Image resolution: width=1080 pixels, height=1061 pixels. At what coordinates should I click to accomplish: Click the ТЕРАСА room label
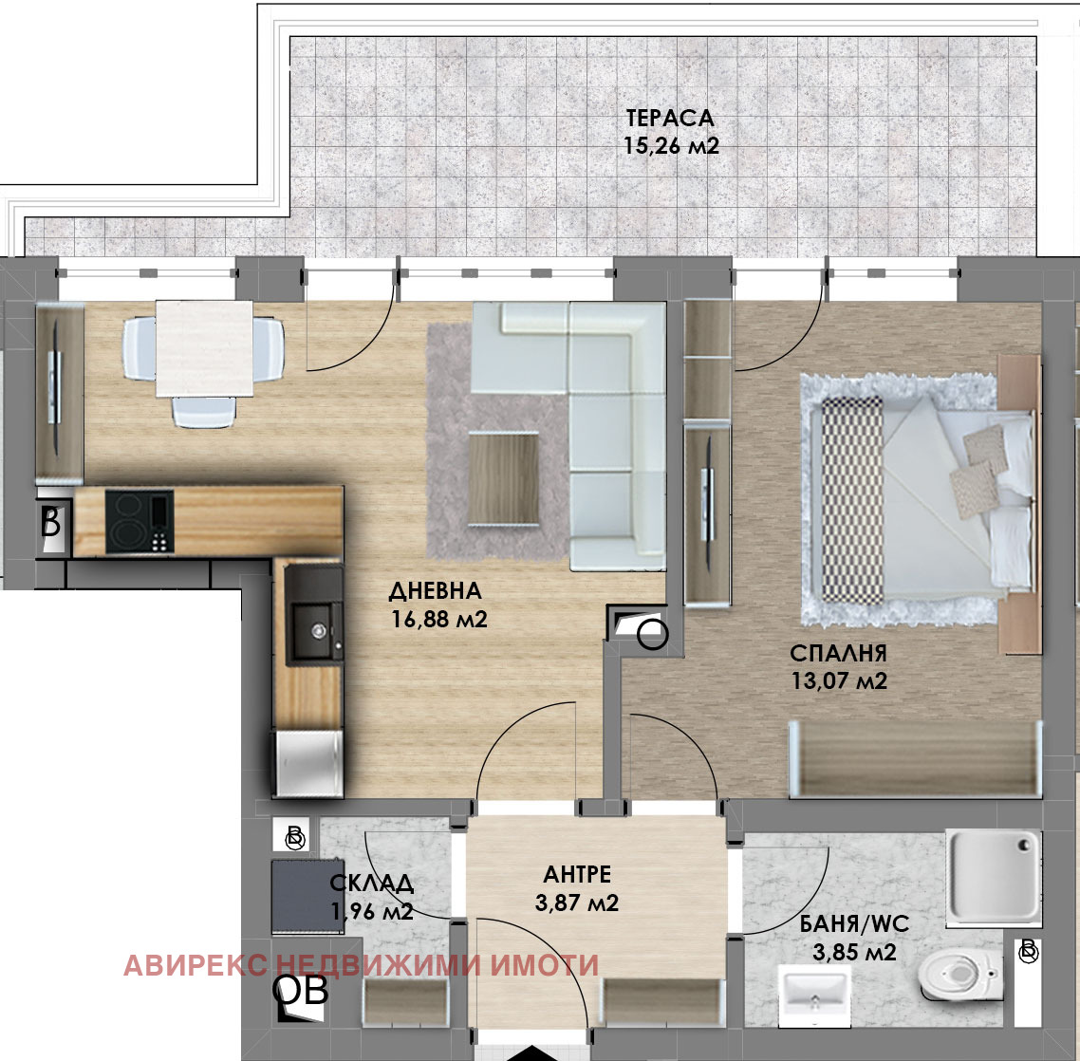[669, 119]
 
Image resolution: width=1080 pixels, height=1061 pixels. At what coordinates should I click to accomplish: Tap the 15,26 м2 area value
[671, 146]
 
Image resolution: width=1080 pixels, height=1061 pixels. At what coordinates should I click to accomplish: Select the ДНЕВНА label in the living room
[436, 590]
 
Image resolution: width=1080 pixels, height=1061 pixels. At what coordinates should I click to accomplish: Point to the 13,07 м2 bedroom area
[839, 680]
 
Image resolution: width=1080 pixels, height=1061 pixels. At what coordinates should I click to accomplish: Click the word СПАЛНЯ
[838, 652]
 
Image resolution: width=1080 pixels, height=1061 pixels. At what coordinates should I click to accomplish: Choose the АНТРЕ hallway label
[577, 874]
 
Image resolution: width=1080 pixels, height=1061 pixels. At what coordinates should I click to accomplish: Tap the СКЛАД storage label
[372, 883]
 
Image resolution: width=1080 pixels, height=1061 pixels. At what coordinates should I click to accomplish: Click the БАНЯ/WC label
[854, 923]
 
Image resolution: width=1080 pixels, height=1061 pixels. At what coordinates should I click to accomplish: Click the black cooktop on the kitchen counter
[140, 521]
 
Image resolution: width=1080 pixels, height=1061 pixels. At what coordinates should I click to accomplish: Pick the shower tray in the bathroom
[994, 876]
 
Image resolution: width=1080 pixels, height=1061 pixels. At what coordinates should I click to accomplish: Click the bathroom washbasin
[814, 991]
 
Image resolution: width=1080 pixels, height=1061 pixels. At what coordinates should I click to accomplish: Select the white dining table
[205, 348]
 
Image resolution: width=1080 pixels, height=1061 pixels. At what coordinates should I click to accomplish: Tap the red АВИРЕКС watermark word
[196, 965]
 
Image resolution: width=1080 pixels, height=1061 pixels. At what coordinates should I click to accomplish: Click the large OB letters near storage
[300, 991]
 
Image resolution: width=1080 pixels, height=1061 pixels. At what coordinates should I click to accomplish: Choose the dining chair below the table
[204, 412]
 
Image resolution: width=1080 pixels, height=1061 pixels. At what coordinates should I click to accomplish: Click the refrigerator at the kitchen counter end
[308, 763]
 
